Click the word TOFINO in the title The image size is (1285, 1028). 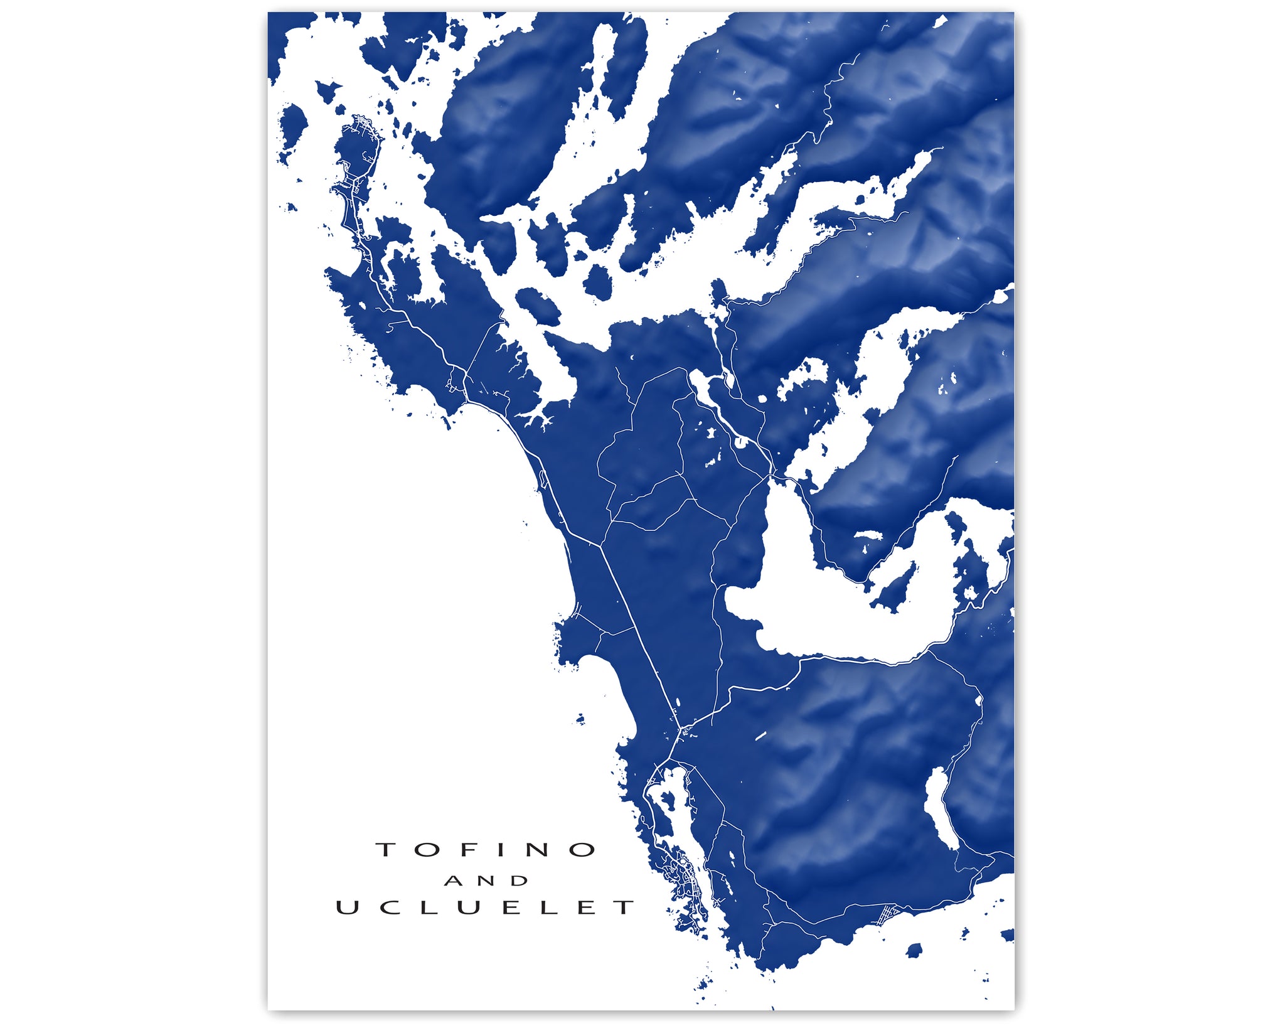486,850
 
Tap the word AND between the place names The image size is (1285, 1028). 486,881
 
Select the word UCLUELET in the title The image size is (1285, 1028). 486,908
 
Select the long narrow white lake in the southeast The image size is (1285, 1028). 940,810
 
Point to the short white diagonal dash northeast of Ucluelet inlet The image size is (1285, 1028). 761,736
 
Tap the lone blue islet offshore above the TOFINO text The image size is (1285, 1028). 580,718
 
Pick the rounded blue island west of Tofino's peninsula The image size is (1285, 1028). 292,129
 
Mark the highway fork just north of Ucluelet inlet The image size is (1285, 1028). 680,731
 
